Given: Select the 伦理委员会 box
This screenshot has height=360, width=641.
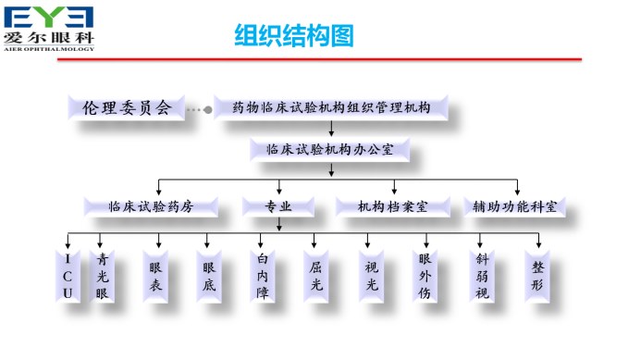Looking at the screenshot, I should coord(127,107).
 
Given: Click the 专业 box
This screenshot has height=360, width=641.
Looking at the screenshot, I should coord(278,206).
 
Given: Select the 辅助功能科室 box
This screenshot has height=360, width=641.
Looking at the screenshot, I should coord(514,206).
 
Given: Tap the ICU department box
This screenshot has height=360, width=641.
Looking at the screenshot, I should coord(68,275).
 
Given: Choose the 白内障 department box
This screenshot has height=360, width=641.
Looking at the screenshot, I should coord(263,275).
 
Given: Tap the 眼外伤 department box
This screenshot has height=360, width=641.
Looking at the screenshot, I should coord(425,275).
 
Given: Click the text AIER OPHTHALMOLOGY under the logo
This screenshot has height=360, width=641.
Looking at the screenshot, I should coord(49,49).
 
